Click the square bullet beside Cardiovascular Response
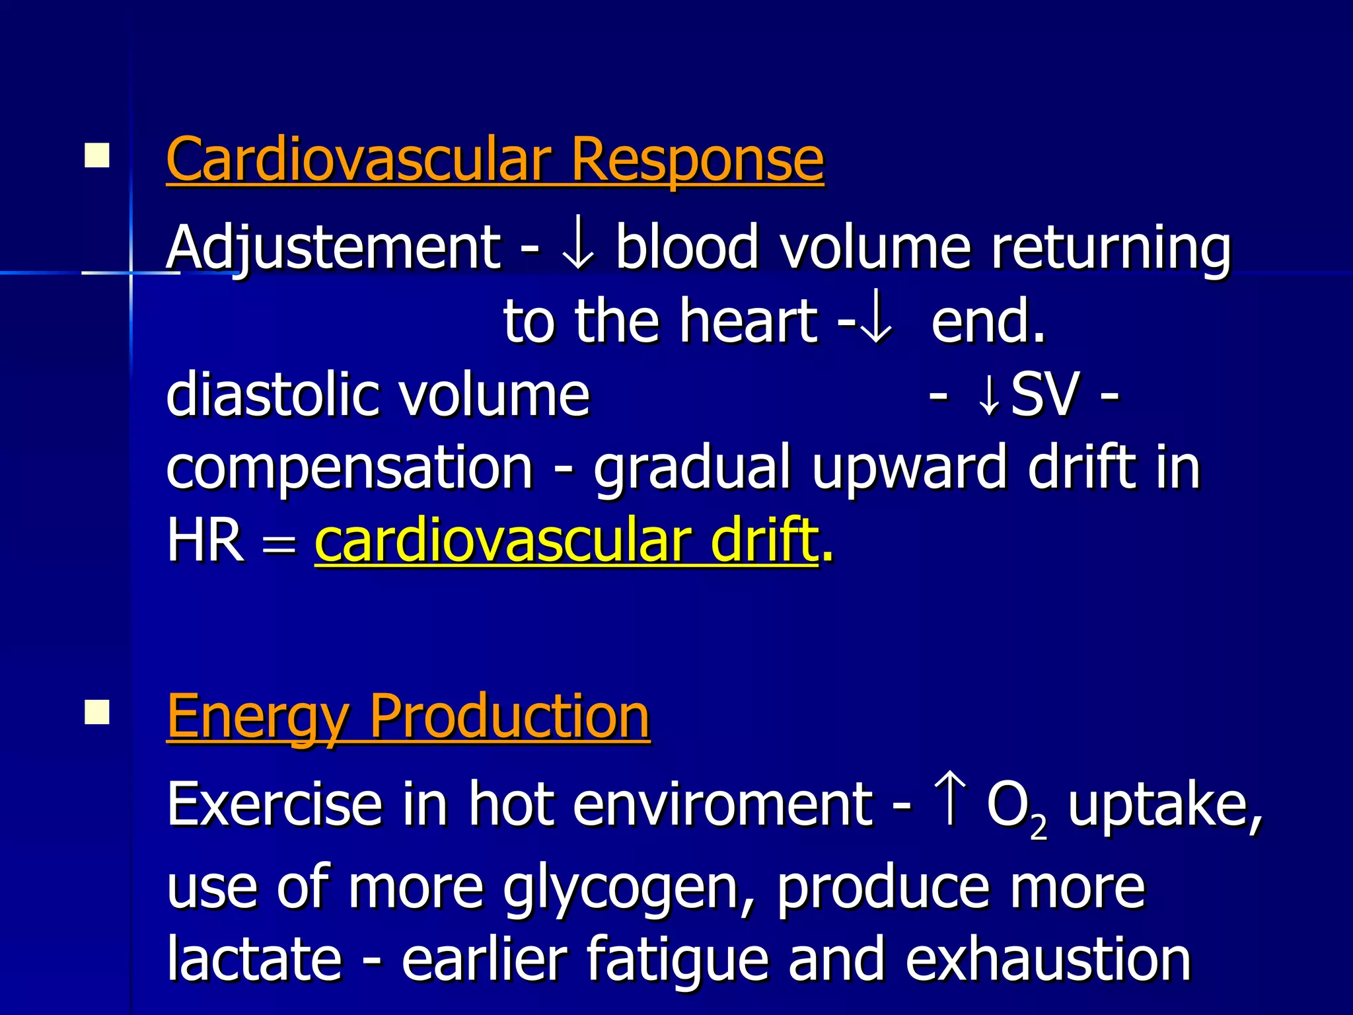pyautogui.click(x=97, y=156)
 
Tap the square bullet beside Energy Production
pyautogui.click(x=97, y=712)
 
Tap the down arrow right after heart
pyautogui.click(x=877, y=322)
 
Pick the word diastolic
pyautogui.click(x=270, y=395)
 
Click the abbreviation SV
pyautogui.click(x=1046, y=395)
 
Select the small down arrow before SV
pyautogui.click(x=988, y=396)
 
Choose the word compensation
pyautogui.click(x=349, y=468)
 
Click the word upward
pyautogui.click(x=909, y=468)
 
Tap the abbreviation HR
pyautogui.click(x=205, y=541)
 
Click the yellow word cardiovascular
pyautogui.click(x=501, y=541)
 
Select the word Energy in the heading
pyautogui.click(x=258, y=718)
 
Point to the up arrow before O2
pyautogui.click(x=950, y=801)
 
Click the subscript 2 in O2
pyautogui.click(x=1039, y=827)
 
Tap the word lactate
pyautogui.click(x=254, y=959)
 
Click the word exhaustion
pyautogui.click(x=1048, y=959)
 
